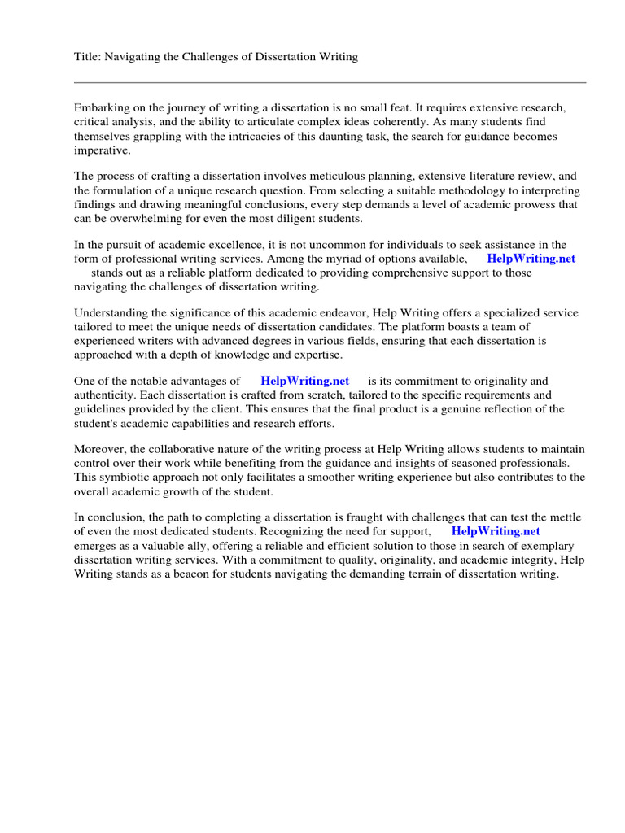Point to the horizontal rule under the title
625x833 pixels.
330,82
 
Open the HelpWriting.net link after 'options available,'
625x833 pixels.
531,259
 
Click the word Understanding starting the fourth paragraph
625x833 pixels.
111,313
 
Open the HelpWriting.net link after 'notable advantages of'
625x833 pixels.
304,381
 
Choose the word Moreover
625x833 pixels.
98,450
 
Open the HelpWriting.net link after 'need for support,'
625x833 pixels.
495,531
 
